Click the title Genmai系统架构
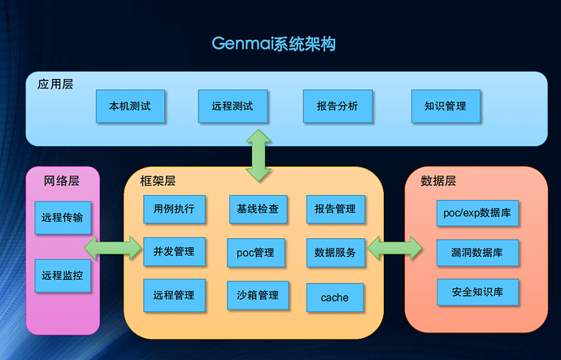coord(273,43)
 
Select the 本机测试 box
coord(130,106)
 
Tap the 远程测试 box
coord(233,106)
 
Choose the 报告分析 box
coord(337,106)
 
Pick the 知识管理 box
coord(446,106)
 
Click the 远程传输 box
coord(64,217)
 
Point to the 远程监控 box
coord(64,275)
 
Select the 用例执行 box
coord(174,209)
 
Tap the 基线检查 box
coord(258,209)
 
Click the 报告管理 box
coord(335,209)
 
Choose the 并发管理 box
coord(174,252)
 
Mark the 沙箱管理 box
coord(258,295)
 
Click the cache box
coord(335,297)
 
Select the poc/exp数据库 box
coord(477,213)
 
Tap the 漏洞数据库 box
coord(477,253)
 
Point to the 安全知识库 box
coord(477,292)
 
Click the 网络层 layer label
coord(61,180)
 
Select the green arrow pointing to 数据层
coord(394,249)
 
